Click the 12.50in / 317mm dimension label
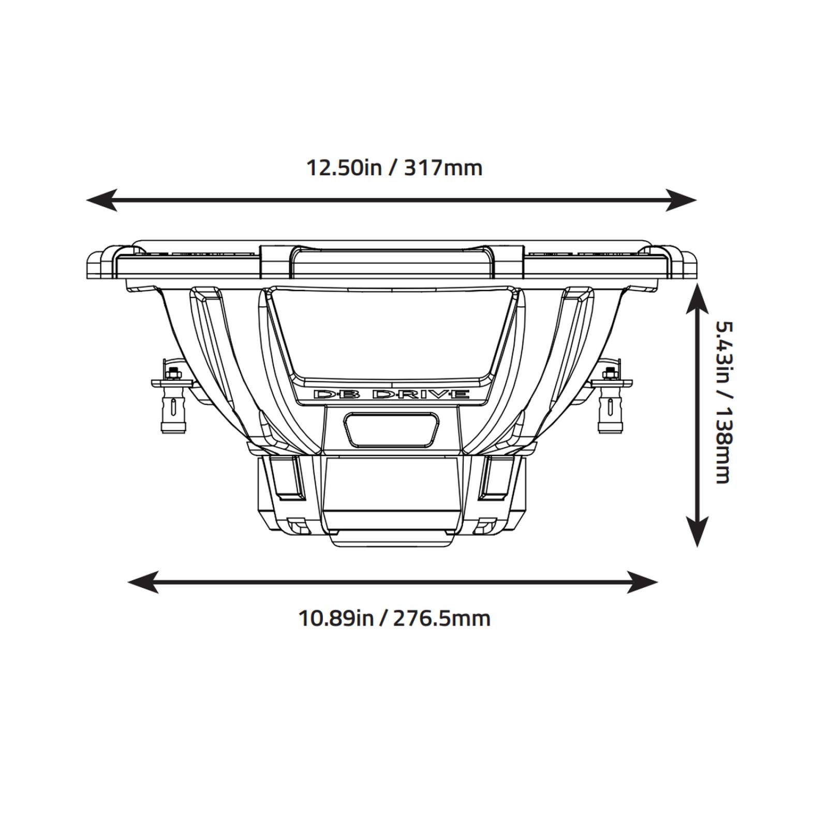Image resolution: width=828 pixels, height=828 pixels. tap(394, 168)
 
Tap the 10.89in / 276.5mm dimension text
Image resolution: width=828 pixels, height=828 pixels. tap(394, 618)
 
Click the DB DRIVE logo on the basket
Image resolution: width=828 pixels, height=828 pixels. tap(392, 394)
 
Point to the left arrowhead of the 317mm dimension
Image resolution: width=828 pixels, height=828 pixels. tap(98, 200)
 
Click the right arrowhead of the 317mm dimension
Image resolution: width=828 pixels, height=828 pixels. tap(684, 200)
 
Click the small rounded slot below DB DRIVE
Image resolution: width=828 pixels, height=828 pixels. tap(392, 429)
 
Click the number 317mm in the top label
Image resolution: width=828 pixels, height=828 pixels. tap(443, 168)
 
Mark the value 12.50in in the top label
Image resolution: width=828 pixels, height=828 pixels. tap(344, 168)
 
